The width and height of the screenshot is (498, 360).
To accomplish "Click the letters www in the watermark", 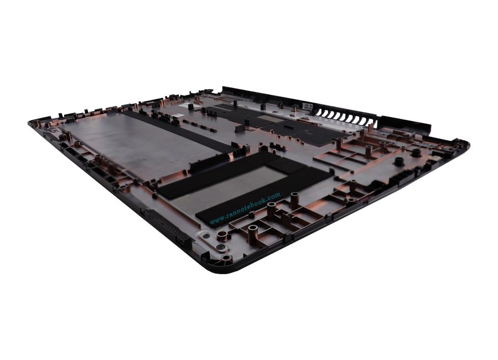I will pos(216,220).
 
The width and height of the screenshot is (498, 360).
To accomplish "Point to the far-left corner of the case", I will pos(32,124).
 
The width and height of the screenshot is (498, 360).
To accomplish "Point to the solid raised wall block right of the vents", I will pos(404,124).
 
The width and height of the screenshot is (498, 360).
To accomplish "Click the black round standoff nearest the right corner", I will pos(415,152).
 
